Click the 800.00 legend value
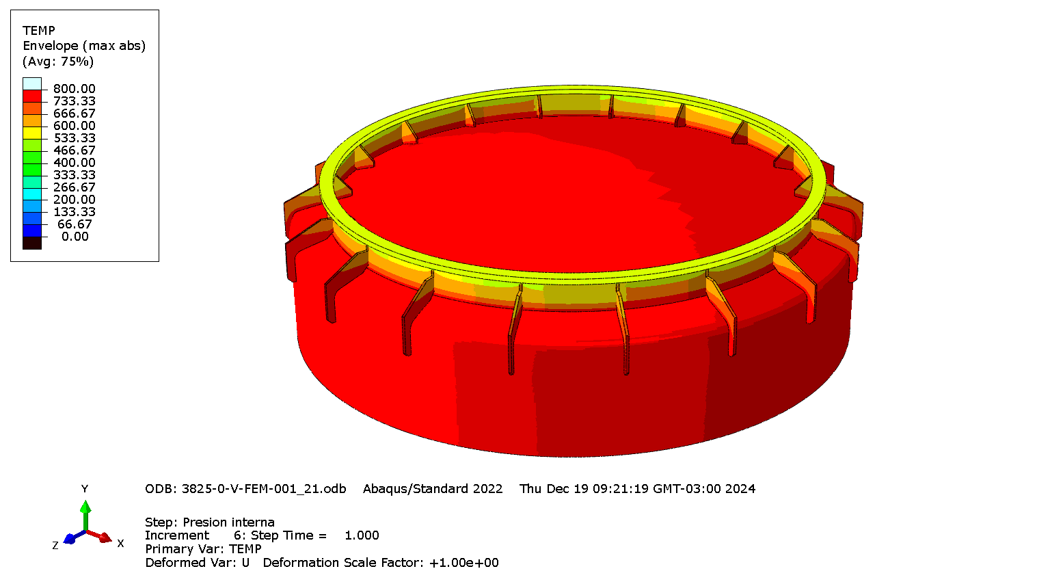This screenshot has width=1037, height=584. pos(74,89)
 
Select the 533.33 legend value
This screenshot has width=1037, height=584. pos(74,138)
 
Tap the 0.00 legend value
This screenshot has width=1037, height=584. pos(75,237)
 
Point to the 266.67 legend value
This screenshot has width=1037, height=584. pos(74,187)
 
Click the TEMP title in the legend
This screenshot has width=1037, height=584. pos(38,31)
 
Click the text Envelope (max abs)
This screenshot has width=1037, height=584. pos(84,46)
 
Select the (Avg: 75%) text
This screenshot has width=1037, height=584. pos(58,62)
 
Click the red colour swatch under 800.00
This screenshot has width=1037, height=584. pos(32,96)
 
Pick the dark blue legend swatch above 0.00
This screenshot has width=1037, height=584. pos(32,231)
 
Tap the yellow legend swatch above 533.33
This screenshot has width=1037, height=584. pos(32,133)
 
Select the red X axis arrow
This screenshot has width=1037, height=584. pos(104,537)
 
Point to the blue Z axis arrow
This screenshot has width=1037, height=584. pos(70,539)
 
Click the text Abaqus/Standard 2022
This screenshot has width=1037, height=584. pos(433,489)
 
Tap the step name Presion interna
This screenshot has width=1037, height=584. pos(228,522)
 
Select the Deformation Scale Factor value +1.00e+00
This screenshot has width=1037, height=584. pos(463,563)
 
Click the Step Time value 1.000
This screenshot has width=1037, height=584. pos(362,535)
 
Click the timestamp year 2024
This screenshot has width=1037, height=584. pos(740,489)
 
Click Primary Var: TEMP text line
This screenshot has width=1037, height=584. pos(203,549)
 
